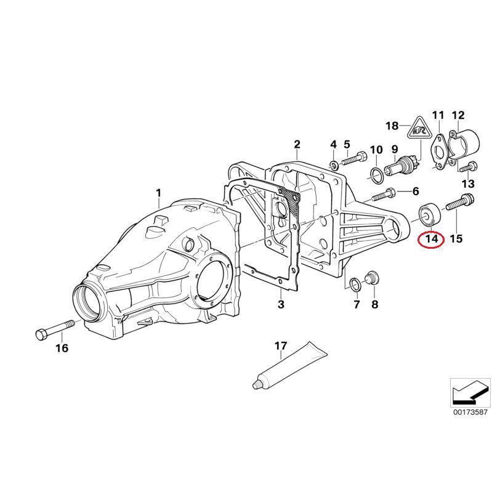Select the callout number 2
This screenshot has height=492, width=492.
click(x=297, y=145)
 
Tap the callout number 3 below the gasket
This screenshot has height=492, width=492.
click(x=280, y=304)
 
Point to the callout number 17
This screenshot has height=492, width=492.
click(x=280, y=347)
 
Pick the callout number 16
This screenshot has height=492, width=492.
click(x=62, y=349)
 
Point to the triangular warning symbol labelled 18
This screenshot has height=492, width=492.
click(x=419, y=131)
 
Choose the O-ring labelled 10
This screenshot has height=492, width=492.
click(x=375, y=175)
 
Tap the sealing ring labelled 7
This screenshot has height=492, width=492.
click(x=355, y=283)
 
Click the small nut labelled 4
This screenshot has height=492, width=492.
click(x=333, y=164)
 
